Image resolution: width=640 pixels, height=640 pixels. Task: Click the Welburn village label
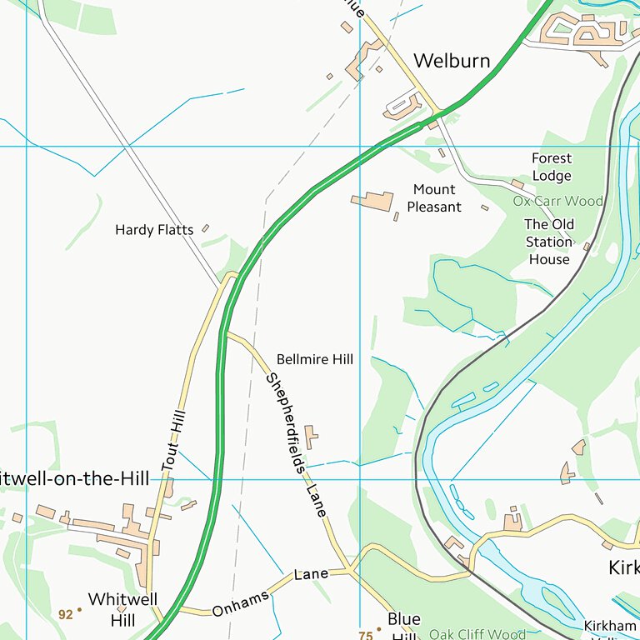coord(452,61)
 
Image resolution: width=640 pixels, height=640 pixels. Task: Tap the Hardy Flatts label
coord(154,229)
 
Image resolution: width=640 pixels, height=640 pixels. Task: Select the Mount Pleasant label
coord(434,198)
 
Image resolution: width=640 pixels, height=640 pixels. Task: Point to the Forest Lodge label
coord(552,167)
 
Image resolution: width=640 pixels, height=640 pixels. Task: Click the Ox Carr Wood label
coord(557,201)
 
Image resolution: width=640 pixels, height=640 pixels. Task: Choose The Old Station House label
coord(548,242)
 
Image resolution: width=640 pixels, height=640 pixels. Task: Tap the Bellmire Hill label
coord(315,359)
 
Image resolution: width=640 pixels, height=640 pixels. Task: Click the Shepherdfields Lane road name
coord(295,445)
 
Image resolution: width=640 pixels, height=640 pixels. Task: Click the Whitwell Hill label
coord(122,609)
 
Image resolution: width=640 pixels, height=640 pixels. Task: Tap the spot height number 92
coord(66,615)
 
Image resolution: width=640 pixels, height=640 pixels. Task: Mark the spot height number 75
coord(366,636)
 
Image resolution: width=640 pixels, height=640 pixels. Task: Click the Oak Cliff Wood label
coord(477,634)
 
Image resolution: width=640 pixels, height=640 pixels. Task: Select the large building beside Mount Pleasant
coord(373,201)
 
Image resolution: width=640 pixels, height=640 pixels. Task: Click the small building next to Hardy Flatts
coord(206,227)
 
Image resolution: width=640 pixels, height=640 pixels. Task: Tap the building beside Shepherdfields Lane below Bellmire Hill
coord(312,435)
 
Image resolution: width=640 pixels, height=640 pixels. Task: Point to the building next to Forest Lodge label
coord(517,183)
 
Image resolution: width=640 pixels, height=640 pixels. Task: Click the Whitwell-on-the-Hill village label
coord(75,478)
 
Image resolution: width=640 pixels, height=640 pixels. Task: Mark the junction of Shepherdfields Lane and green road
coord(226,334)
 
